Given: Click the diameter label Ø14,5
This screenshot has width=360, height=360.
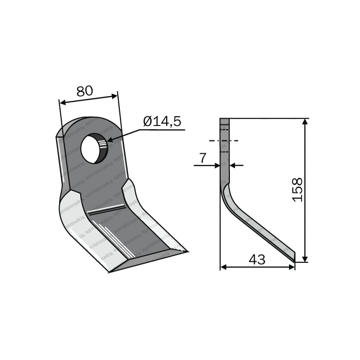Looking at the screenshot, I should coord(162,121).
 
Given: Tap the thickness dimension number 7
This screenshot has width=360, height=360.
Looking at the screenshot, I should coord(203,158).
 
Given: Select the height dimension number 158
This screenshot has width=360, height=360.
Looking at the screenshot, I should coord(298,190).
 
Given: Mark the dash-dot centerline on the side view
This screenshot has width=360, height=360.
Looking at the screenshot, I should coord(224,140).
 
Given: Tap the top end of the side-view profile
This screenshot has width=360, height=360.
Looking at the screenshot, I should coord(224,121).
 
